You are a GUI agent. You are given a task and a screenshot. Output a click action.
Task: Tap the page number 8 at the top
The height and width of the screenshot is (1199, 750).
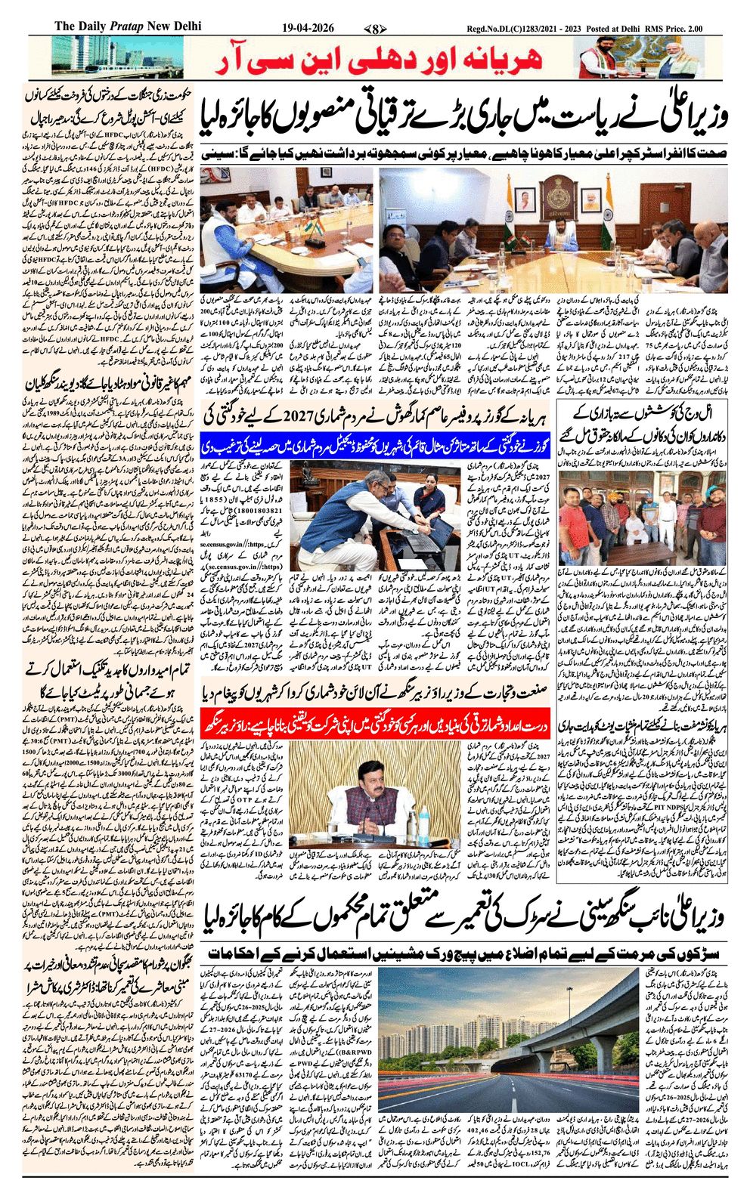click(374, 29)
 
